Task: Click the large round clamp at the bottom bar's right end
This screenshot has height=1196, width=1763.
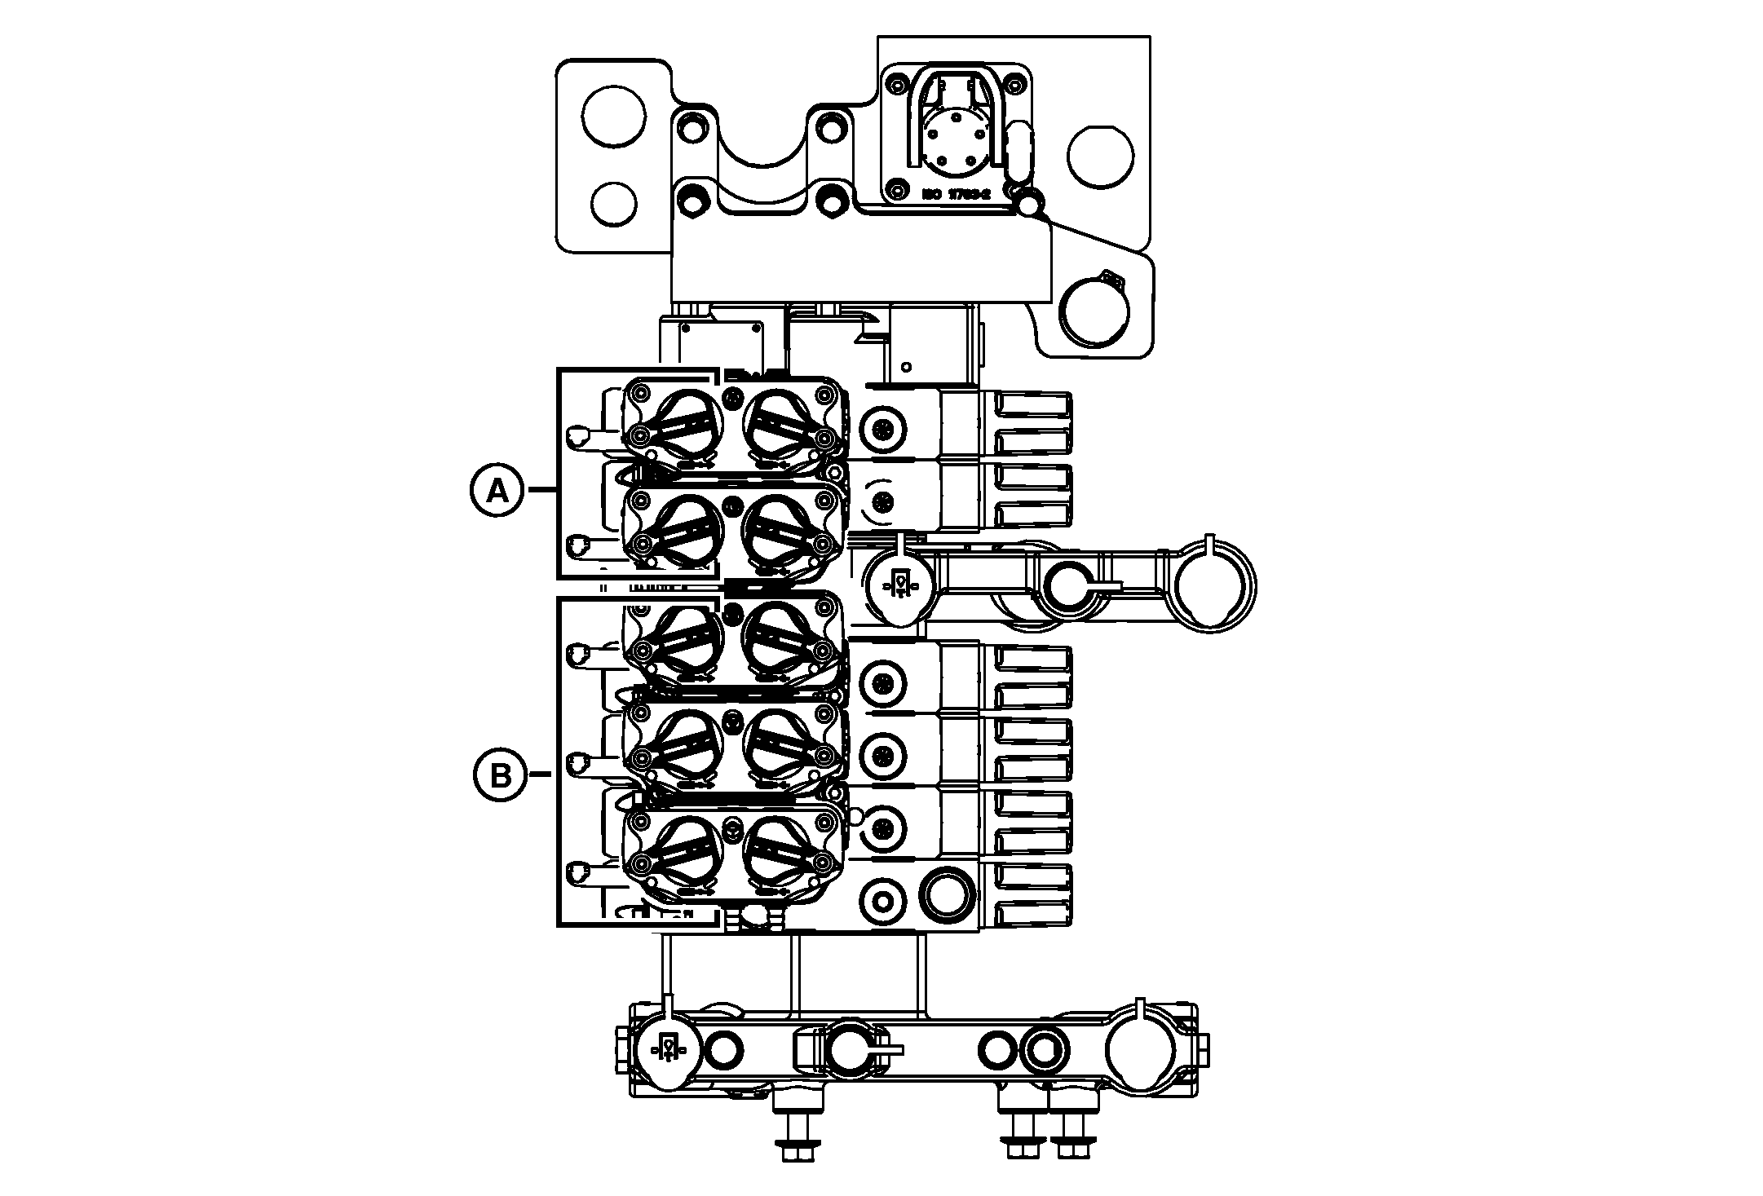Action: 1142,1049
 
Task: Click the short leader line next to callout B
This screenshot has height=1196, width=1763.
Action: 541,774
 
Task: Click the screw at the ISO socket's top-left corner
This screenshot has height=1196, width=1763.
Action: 897,84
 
